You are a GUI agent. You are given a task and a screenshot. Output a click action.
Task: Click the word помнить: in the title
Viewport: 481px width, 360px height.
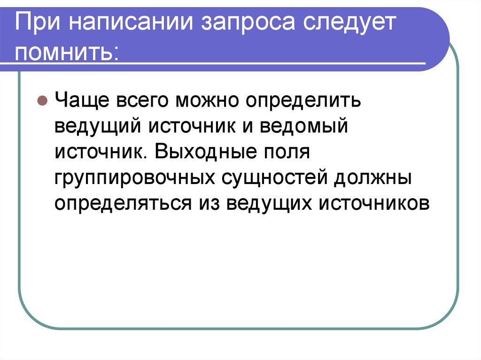click(68, 52)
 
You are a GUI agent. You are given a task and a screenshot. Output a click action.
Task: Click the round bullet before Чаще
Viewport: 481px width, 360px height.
click(41, 101)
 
